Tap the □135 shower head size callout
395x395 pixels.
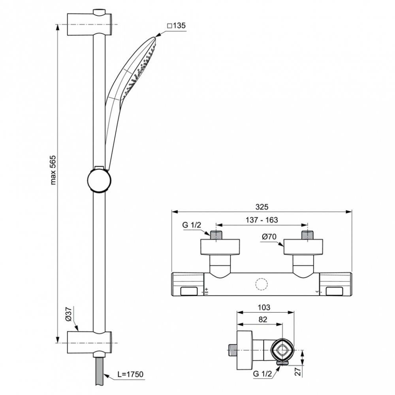(x=176, y=26)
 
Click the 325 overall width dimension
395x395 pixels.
(x=261, y=207)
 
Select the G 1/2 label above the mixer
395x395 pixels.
(x=192, y=225)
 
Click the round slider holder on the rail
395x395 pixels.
(x=98, y=180)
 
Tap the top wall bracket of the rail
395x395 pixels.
(x=90, y=24)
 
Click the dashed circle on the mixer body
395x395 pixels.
(x=261, y=285)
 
